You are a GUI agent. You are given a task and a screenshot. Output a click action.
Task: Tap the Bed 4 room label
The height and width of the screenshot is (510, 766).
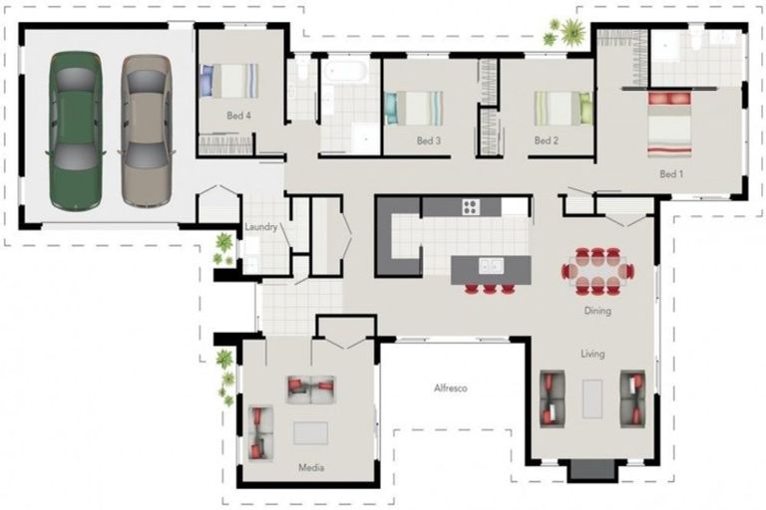point(238,117)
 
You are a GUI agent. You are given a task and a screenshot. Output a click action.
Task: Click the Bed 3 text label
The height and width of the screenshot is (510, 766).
point(429,141)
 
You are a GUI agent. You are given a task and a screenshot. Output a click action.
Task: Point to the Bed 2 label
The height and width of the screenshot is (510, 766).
point(546,141)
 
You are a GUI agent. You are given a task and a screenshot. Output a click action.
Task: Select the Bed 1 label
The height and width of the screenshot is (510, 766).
point(672,174)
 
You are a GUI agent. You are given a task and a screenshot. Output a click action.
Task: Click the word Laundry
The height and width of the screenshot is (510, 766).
point(261,228)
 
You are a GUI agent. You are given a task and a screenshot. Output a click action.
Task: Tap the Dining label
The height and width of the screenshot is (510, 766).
point(597,312)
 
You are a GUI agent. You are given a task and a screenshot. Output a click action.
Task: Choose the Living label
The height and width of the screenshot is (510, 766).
point(593,354)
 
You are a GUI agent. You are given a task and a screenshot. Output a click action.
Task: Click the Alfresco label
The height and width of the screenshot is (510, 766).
point(450,388)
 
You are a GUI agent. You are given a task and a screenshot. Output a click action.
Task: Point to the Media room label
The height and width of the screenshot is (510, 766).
point(311,466)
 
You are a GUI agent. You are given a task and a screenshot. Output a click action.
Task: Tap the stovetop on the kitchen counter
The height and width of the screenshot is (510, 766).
point(470,207)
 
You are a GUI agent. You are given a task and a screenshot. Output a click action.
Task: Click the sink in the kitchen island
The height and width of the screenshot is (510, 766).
point(490,267)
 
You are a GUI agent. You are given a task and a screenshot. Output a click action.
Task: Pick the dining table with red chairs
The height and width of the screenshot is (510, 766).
point(597,270)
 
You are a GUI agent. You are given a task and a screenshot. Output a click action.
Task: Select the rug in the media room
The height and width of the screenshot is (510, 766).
point(311,433)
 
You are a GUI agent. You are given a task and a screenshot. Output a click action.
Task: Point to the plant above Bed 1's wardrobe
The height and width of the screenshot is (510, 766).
point(573,32)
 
